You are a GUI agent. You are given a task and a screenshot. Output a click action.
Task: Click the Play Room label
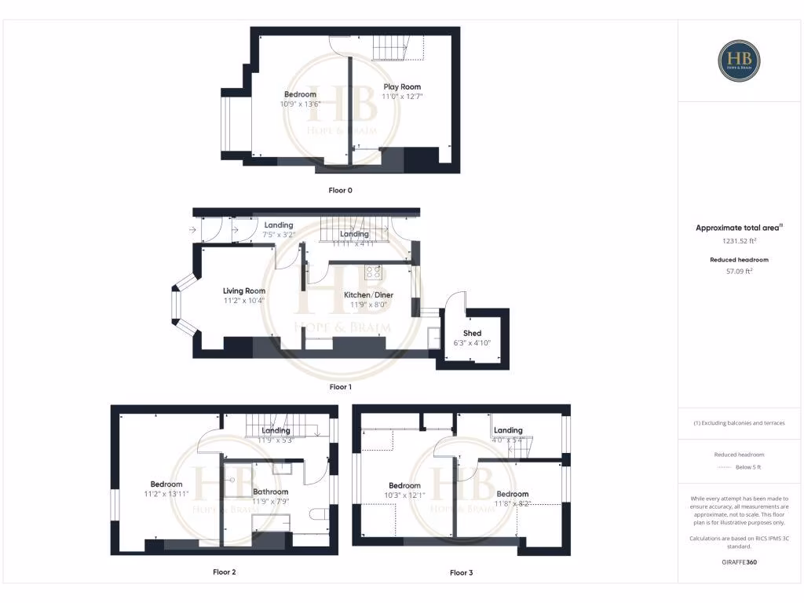tap(401, 87)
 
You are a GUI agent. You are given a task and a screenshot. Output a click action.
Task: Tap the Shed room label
tap(472, 333)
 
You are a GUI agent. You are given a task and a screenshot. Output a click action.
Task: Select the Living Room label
tap(243, 291)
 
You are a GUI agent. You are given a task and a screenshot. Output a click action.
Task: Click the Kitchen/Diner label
tap(368, 295)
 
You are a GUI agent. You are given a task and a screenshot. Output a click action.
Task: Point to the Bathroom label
tap(270, 492)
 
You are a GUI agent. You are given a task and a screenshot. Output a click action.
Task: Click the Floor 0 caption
tap(341, 190)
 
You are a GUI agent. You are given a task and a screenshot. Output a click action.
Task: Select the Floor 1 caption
tap(341, 387)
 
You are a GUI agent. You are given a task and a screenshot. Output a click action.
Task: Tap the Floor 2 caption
tap(224, 572)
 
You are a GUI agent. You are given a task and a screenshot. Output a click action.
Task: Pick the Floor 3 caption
tap(461, 573)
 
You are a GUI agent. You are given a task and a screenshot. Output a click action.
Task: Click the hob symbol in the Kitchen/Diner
tap(374, 272)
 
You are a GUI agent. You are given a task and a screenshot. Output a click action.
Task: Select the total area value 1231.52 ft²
tap(738, 241)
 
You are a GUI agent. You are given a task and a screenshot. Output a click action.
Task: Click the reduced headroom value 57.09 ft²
tap(738, 271)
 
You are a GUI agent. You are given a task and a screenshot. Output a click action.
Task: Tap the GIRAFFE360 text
tap(738, 562)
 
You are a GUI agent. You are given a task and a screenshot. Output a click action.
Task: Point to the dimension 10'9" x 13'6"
tap(300, 104)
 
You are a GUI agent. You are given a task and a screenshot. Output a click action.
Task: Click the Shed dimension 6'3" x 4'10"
tap(472, 342)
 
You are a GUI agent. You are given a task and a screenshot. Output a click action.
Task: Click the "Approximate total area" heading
tap(738, 228)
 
